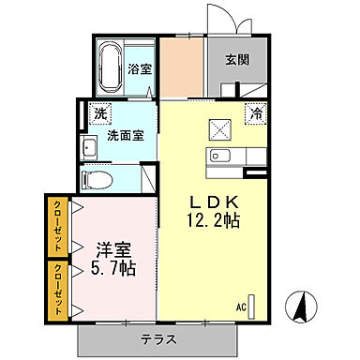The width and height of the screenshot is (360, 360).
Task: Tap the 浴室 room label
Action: (x=141, y=68)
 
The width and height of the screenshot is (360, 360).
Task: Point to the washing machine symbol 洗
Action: (x=100, y=114)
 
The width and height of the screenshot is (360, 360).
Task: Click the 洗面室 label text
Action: (x=125, y=135)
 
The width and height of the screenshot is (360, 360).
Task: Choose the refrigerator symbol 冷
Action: (x=255, y=113)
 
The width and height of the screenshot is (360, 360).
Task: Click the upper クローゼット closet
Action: (x=56, y=226)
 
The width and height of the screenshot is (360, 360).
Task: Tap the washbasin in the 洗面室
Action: (x=91, y=146)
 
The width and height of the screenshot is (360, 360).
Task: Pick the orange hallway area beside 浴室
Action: (x=182, y=67)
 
